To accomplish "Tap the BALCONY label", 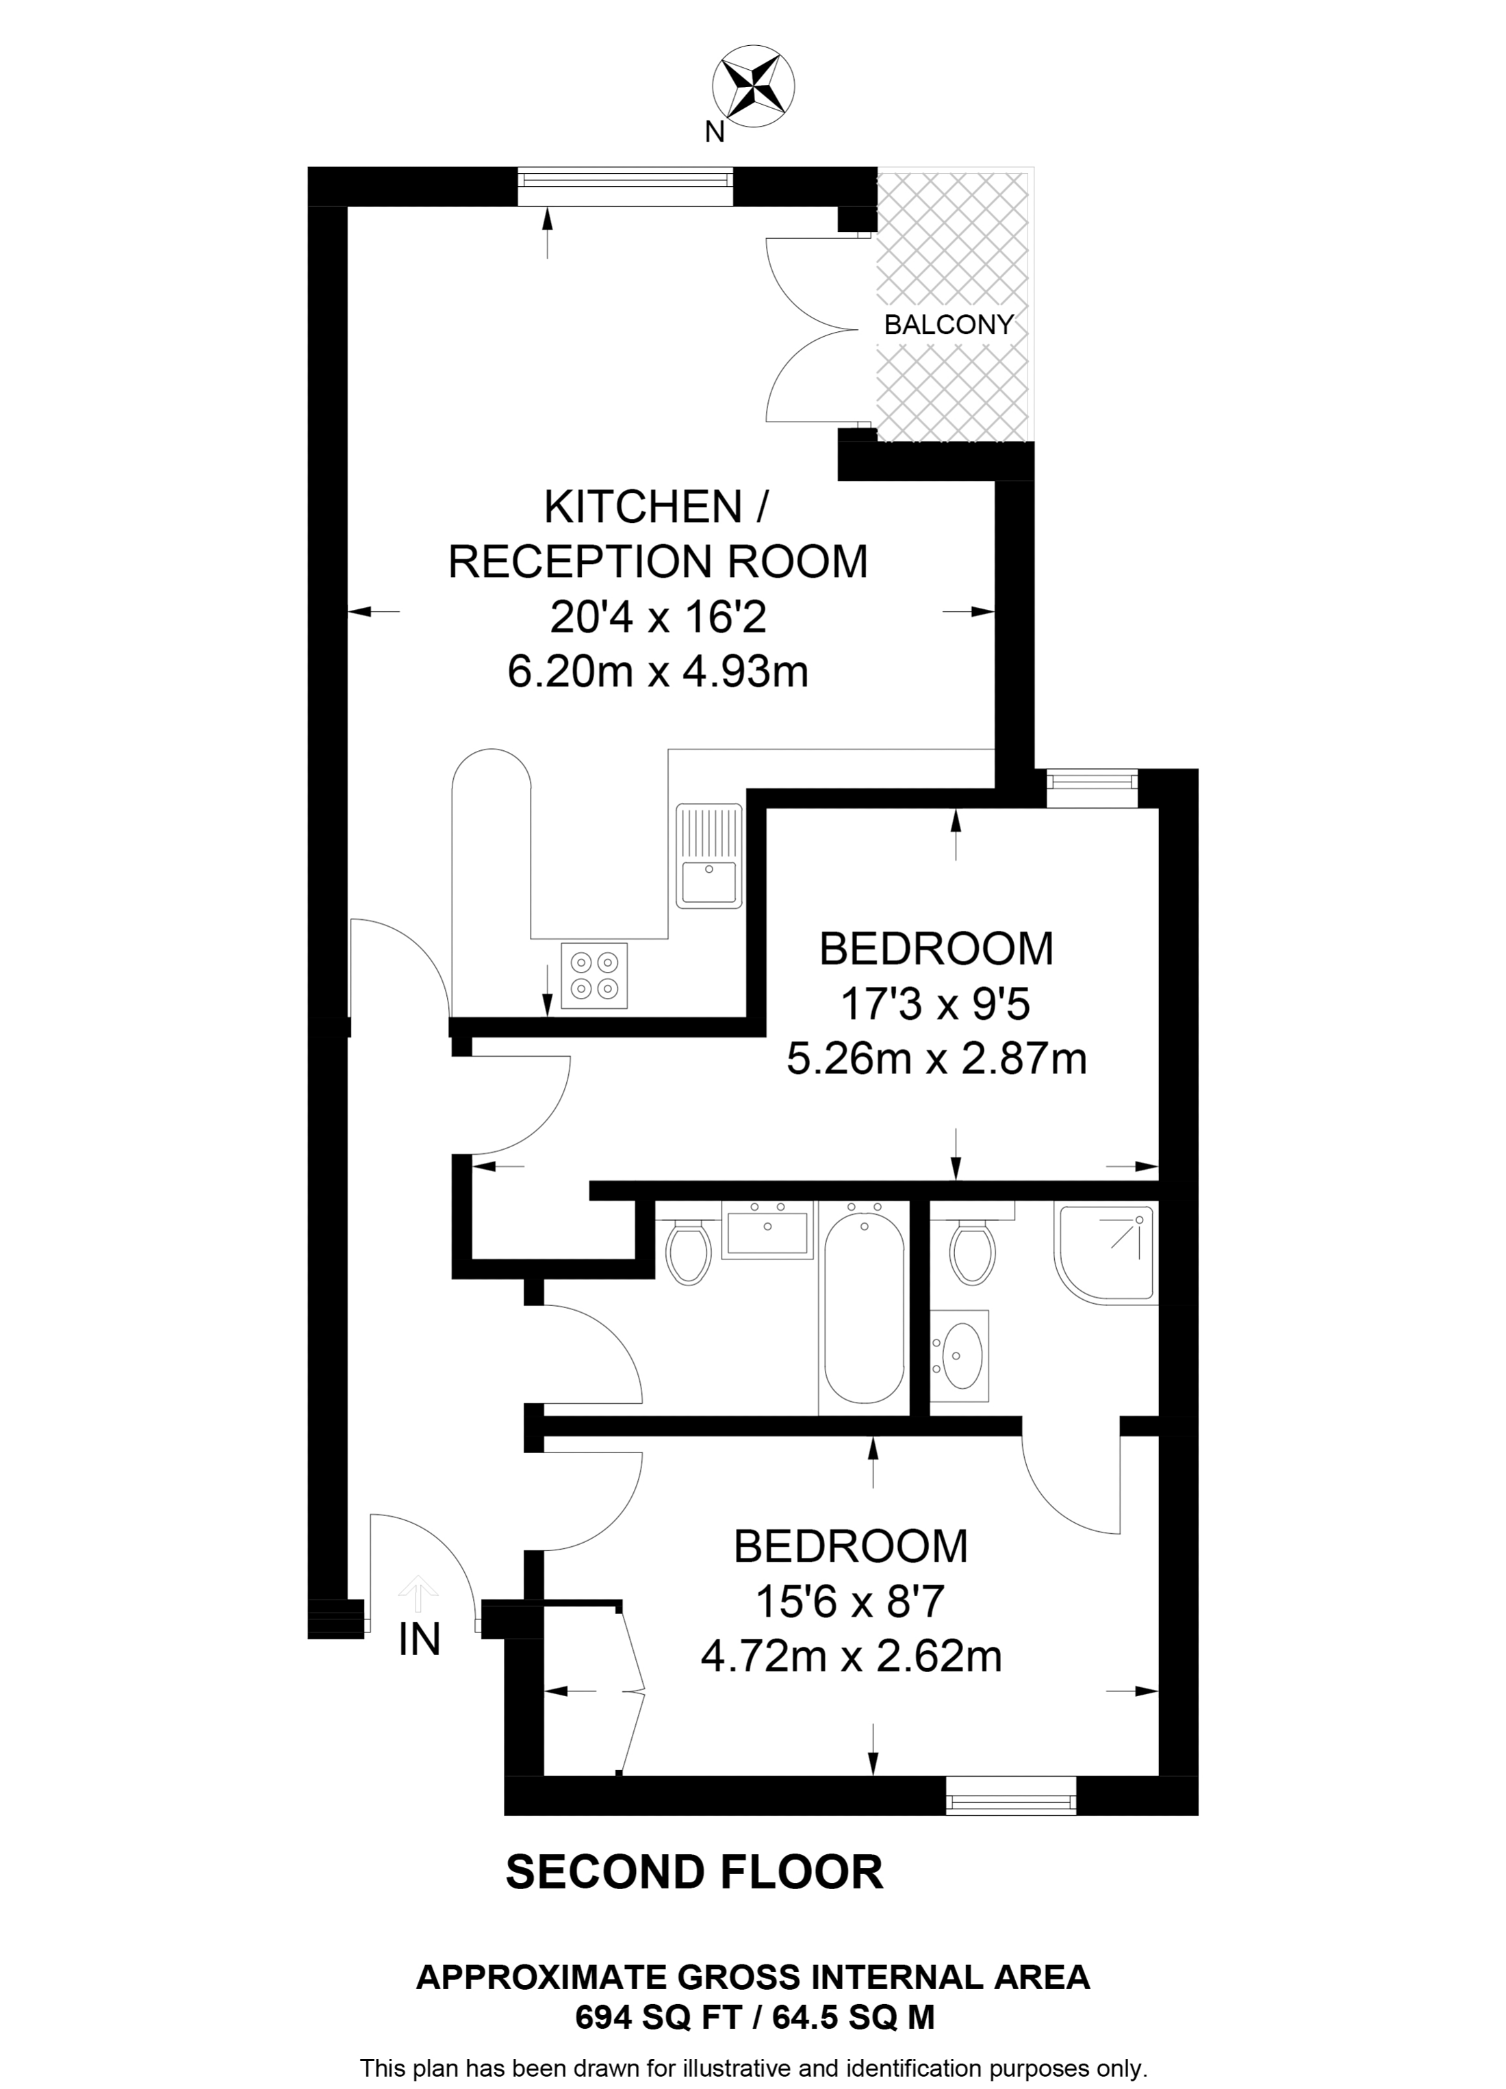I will [948, 324].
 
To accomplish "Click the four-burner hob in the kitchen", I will [594, 975].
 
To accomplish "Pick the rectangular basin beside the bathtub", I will [767, 1231].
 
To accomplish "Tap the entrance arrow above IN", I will [419, 1593].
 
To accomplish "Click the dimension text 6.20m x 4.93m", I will [658, 671].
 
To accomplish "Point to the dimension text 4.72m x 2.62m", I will [851, 1657].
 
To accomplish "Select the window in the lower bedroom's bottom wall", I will [1010, 1795].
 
